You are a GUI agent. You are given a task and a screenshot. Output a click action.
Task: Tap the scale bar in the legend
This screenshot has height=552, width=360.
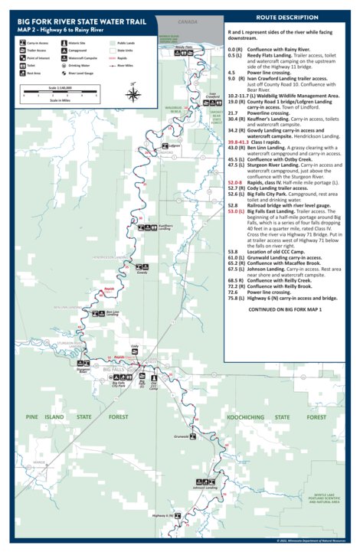[65, 93]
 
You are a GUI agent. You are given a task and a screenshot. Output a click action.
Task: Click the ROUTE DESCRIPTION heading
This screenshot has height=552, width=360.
[288, 16]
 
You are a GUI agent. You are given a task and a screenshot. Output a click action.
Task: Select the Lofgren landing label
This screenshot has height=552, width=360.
[174, 144]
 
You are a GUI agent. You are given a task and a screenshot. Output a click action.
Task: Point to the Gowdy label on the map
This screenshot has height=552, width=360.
[141, 273]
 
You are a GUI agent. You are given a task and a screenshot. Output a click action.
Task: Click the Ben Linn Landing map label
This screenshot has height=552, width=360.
[112, 313]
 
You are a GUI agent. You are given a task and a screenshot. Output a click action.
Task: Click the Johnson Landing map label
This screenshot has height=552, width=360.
[205, 487]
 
